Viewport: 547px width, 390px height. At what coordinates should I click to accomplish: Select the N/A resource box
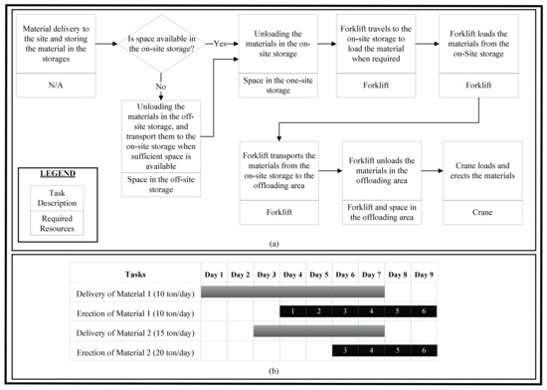63,87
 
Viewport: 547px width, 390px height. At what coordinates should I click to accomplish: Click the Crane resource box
483,212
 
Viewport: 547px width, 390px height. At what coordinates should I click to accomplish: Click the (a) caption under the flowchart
273,243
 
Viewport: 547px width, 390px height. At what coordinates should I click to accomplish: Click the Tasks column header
133,273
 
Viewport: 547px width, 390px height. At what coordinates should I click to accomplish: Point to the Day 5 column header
318,273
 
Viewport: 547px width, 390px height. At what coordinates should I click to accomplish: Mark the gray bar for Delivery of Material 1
292,292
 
